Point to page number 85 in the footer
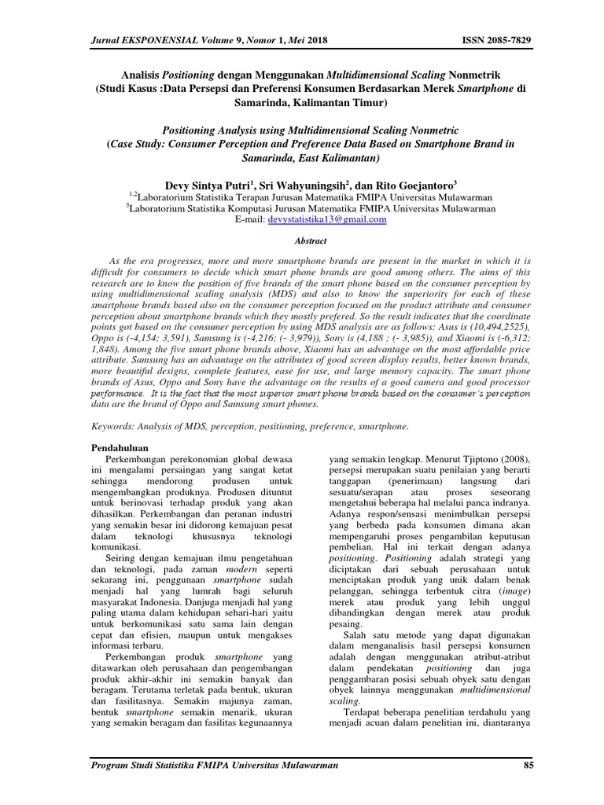(x=528, y=765)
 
